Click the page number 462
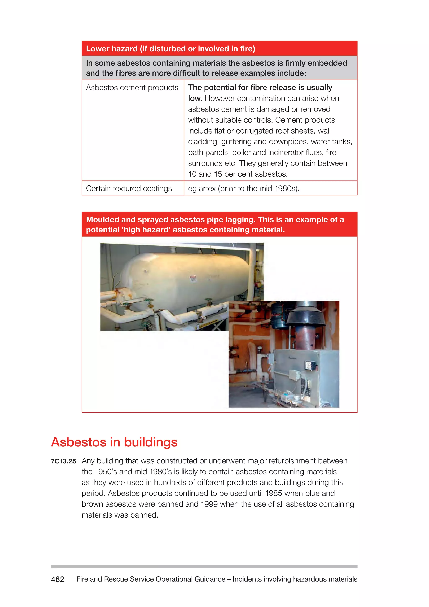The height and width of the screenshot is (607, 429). (x=58, y=579)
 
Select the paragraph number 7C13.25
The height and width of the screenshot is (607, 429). (x=63, y=461)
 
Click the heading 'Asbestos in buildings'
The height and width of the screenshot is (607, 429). (x=114, y=442)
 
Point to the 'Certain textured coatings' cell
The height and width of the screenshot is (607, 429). (x=129, y=188)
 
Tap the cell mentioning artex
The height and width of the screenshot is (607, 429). (x=244, y=188)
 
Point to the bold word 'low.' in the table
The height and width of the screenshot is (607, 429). (x=195, y=98)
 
